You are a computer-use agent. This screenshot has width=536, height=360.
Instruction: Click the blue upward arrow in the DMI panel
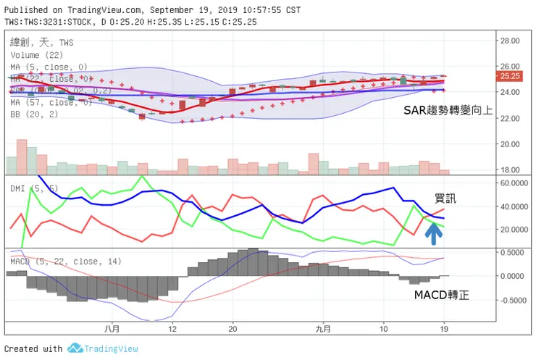tap(433, 233)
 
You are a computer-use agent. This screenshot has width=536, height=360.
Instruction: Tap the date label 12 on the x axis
tap(172, 328)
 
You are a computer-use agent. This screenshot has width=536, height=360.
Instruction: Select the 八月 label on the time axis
tap(111, 328)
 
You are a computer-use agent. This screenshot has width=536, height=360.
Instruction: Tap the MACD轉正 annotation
tap(441, 296)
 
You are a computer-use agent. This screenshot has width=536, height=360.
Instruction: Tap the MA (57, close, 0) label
tap(51, 103)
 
